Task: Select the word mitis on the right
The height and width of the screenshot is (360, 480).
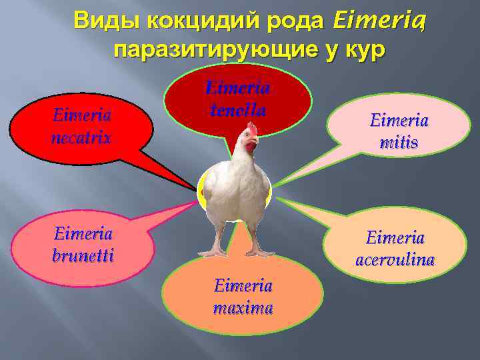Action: pos(399,143)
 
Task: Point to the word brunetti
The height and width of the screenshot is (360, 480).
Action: pos(83,255)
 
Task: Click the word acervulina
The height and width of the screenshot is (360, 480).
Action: pos(395,259)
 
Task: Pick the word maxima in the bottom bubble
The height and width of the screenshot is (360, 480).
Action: pos(243,308)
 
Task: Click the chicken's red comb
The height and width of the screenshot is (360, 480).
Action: pos(252,128)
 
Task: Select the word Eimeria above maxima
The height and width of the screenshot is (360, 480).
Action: pos(243,286)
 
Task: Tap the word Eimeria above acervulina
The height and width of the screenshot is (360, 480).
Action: pos(395,237)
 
